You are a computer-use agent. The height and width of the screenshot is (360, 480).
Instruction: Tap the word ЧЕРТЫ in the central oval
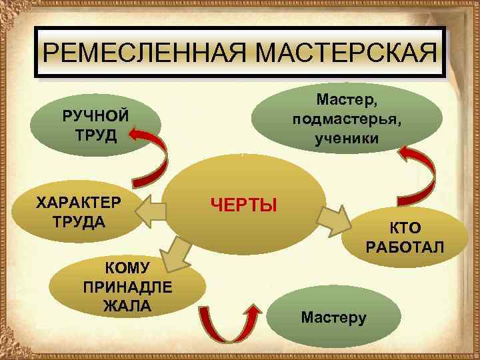[243, 204]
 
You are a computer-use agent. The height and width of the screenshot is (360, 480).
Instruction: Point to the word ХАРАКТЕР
[79, 202]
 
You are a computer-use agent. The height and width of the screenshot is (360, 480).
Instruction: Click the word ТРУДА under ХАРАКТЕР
[79, 221]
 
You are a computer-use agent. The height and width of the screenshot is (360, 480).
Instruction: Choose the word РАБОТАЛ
[405, 248]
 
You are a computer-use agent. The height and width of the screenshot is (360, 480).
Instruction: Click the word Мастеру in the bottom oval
[333, 317]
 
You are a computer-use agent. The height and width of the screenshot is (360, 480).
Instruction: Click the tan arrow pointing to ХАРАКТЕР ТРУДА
[153, 211]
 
